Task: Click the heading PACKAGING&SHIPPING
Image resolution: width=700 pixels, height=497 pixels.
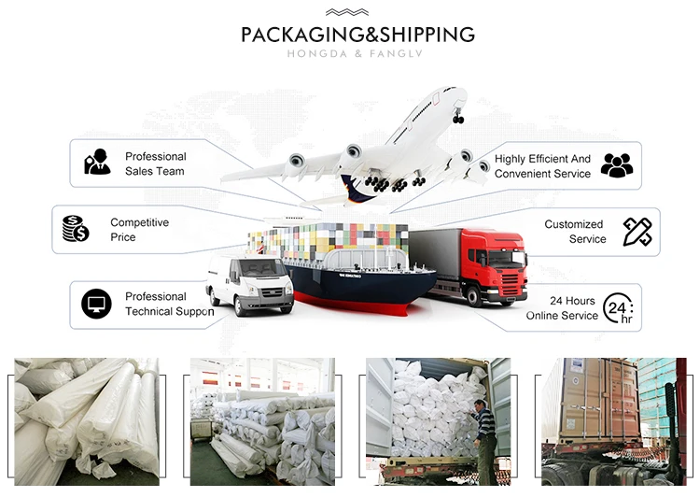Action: pos(357,35)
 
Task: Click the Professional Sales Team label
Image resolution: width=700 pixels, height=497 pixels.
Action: pos(155,163)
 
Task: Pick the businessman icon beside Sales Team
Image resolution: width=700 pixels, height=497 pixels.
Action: pos(97,163)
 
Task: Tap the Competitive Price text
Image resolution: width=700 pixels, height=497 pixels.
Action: pos(139,230)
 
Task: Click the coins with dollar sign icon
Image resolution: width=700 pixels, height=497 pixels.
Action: pos(76,229)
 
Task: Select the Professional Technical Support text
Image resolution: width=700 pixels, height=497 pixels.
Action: pos(169,304)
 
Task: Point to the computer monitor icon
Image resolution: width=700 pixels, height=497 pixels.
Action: pos(96,304)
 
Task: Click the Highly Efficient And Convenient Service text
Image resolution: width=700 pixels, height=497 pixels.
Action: pos(542,166)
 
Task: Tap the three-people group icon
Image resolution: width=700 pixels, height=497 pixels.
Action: pos(616,165)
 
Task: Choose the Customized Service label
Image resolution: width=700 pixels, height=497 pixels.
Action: pos(574,232)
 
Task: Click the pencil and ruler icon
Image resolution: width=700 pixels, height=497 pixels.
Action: pos(637,232)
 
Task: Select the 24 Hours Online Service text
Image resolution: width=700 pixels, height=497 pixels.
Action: pos(562,308)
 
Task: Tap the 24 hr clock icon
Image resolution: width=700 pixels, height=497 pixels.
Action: pos(618,307)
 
